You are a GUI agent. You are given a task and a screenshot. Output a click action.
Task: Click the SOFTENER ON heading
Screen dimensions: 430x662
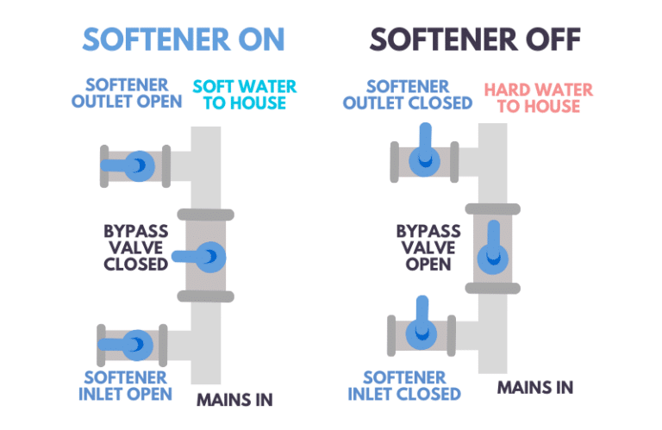pos(183,39)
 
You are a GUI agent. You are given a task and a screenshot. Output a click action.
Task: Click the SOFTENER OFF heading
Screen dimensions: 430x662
pos(475,39)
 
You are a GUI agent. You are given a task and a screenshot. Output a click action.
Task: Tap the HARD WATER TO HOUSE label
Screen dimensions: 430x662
pos(532,97)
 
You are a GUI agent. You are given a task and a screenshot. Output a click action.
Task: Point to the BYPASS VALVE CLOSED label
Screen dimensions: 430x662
pos(135,247)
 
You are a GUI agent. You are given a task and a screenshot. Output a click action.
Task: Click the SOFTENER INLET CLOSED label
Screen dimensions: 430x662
pos(404,385)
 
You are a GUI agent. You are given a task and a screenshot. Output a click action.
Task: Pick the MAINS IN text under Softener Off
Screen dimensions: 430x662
pos(534,386)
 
